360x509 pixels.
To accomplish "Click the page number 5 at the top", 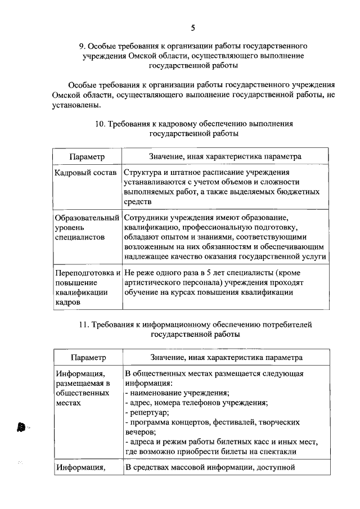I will (x=193, y=28).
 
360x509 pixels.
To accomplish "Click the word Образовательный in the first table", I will (x=87, y=217).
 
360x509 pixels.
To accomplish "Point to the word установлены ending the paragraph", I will (x=76, y=105).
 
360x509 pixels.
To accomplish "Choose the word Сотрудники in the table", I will (x=145, y=217).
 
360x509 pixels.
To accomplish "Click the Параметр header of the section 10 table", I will (x=87, y=156).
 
